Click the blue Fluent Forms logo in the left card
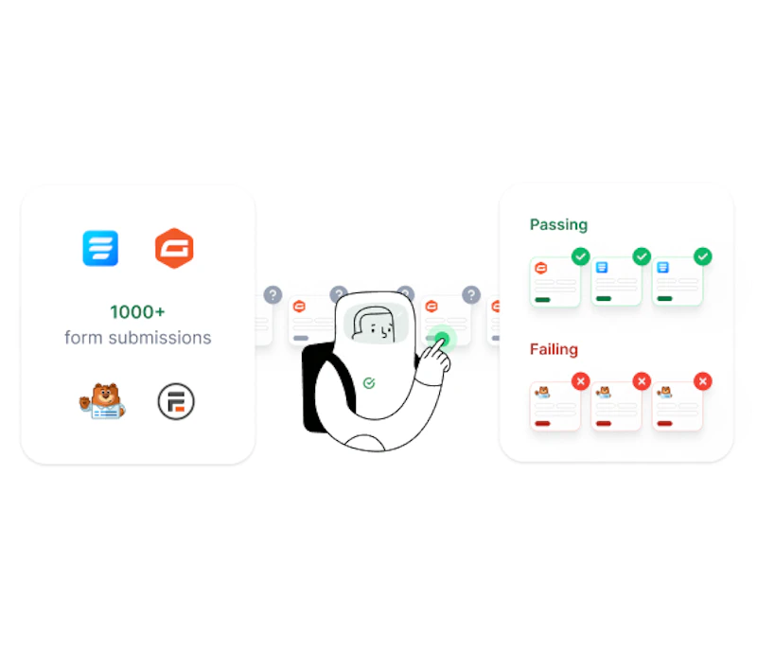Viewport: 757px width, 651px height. pyautogui.click(x=100, y=248)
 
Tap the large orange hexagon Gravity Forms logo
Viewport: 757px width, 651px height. pyautogui.click(x=174, y=248)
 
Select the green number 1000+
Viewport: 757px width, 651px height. pyautogui.click(x=137, y=312)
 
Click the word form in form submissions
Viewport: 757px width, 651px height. pyautogui.click(x=83, y=338)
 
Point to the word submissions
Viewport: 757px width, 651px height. pyautogui.click(x=160, y=338)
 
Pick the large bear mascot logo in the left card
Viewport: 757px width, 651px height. pyautogui.click(x=102, y=401)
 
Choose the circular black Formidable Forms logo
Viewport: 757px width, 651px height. pyautogui.click(x=176, y=401)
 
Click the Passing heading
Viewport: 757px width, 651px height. pyautogui.click(x=558, y=225)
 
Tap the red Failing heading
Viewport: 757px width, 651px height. pyautogui.click(x=554, y=349)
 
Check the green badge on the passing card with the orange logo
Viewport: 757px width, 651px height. pyautogui.click(x=581, y=256)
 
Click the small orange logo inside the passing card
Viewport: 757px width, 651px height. pyautogui.click(x=541, y=268)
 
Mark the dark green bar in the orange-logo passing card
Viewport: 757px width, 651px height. pyautogui.click(x=542, y=299)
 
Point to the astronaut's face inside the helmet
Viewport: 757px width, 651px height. pyautogui.click(x=377, y=324)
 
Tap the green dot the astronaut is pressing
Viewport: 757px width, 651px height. pyautogui.click(x=442, y=338)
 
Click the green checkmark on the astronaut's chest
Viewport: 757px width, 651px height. pyautogui.click(x=369, y=383)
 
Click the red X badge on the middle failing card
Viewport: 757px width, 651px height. pyautogui.click(x=642, y=381)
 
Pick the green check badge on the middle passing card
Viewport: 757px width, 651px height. pyautogui.click(x=642, y=256)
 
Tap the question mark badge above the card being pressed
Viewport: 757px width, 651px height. pyautogui.click(x=471, y=294)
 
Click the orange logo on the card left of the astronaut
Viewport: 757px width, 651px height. pyautogui.click(x=299, y=307)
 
